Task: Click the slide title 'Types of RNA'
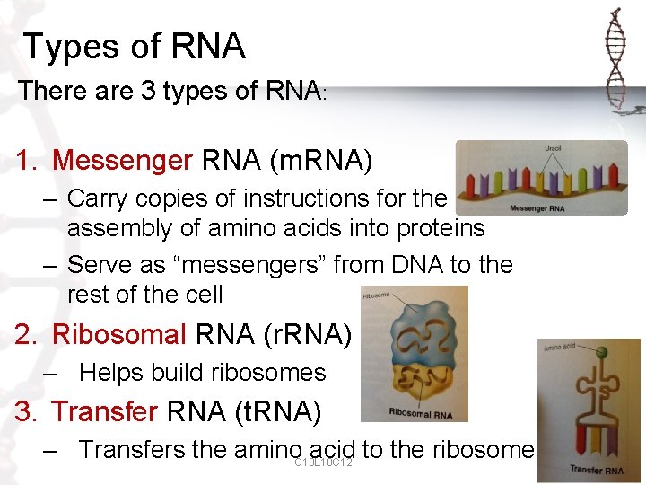click(135, 47)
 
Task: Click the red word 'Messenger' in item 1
click(122, 161)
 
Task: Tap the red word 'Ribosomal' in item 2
click(118, 334)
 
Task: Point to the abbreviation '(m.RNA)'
click(320, 161)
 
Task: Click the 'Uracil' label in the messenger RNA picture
click(554, 148)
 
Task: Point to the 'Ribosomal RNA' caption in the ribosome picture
click(421, 413)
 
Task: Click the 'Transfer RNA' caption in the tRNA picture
click(596, 470)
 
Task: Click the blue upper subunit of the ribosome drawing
click(415, 332)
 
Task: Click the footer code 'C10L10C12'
click(323, 463)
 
